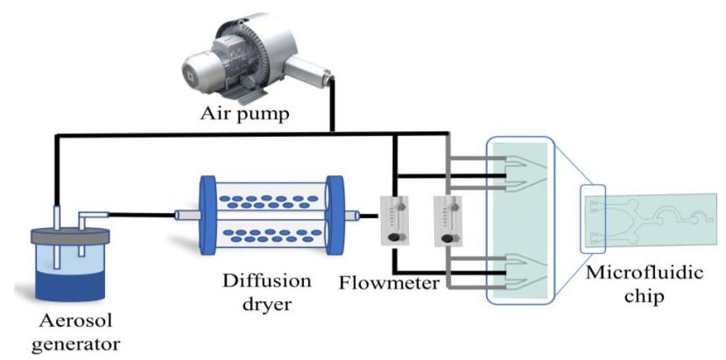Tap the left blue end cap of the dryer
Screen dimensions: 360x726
(208, 215)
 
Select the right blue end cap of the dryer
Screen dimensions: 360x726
(336, 215)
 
